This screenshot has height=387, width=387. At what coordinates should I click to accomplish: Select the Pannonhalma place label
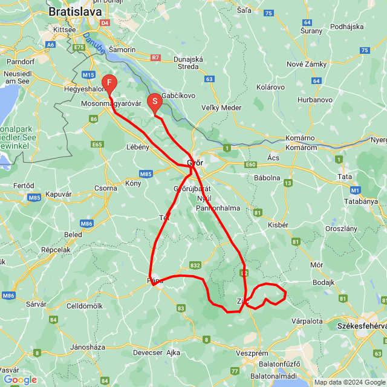(218, 208)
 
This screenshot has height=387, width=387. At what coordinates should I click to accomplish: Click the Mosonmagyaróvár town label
(111, 103)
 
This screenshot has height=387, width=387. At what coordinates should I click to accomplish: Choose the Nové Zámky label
(307, 65)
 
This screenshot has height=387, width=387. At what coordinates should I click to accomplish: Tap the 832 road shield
(195, 265)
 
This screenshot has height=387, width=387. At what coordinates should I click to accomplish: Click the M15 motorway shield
(89, 74)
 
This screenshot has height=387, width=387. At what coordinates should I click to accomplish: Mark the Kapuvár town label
(58, 194)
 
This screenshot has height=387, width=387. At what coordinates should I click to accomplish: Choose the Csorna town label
(105, 188)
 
